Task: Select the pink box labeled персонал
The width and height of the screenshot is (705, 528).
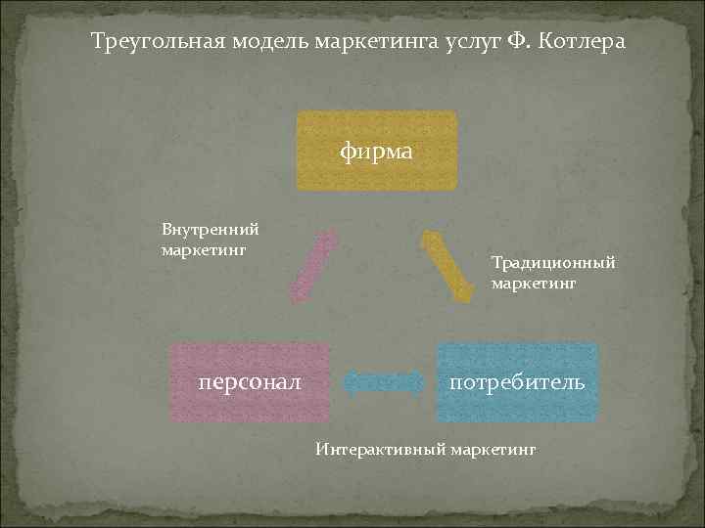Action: click(250, 382)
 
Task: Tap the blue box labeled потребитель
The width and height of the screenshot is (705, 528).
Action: click(517, 382)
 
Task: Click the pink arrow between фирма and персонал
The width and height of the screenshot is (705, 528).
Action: click(313, 265)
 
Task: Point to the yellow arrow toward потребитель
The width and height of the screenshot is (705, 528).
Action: click(446, 265)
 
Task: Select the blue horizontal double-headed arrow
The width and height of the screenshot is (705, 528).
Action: click(383, 382)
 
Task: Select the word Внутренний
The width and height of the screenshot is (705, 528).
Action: click(210, 230)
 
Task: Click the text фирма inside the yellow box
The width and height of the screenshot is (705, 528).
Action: click(377, 152)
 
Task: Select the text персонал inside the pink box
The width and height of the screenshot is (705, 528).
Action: click(250, 382)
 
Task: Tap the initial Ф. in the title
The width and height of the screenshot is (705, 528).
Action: click(516, 43)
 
